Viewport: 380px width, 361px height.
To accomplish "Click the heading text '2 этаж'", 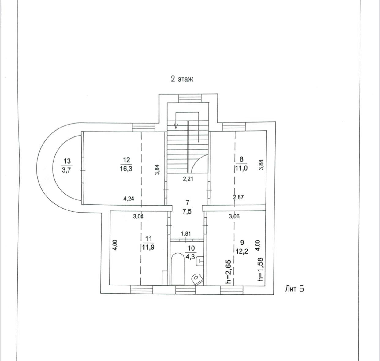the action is pyautogui.click(x=182, y=79).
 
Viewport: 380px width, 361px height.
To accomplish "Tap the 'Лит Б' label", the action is pyautogui.click(x=294, y=289).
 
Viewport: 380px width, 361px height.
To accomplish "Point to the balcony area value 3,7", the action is pyautogui.click(x=67, y=170).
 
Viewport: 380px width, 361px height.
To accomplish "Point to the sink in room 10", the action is pyautogui.click(x=200, y=260).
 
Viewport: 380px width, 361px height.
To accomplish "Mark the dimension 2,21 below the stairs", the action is pyautogui.click(x=188, y=179).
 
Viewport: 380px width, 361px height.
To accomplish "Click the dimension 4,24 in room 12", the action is pyautogui.click(x=129, y=199).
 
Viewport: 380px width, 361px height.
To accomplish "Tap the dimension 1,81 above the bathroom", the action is pyautogui.click(x=186, y=234).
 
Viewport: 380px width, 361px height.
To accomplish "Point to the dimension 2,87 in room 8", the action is pyautogui.click(x=238, y=197).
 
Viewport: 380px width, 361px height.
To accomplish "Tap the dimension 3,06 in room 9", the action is pyautogui.click(x=234, y=217).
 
